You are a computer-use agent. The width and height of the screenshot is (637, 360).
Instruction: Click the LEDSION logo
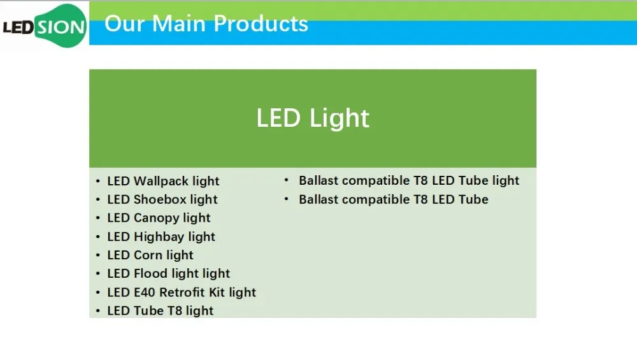45,26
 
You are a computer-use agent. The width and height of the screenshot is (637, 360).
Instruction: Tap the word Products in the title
261,24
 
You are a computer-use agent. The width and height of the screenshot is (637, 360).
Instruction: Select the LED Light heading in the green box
313,119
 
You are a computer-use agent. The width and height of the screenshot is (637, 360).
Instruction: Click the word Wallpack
161,181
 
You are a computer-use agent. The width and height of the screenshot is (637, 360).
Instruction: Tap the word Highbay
159,237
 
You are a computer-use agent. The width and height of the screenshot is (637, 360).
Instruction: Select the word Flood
150,273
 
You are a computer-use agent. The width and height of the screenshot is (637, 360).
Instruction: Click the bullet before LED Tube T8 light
98,311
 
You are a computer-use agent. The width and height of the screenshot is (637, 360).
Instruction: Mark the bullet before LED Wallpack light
98,181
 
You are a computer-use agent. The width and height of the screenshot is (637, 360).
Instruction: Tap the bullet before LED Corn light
98,256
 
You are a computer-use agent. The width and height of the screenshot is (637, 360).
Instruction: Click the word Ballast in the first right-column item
318,180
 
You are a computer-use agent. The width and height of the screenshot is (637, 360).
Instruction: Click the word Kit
217,292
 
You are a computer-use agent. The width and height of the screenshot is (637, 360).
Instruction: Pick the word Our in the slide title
125,24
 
